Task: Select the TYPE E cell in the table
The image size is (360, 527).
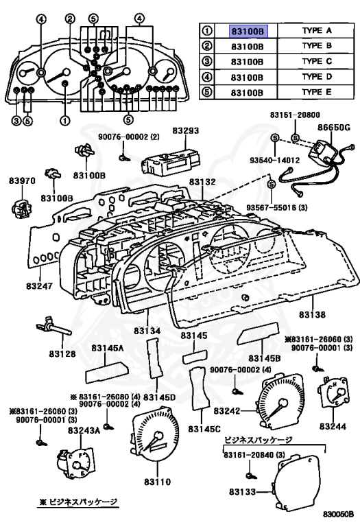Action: pyautogui.click(x=316, y=91)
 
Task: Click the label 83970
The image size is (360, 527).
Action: pyautogui.click(x=21, y=181)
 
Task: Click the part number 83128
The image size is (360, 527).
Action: pyautogui.click(x=62, y=354)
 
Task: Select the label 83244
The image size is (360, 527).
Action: pyautogui.click(x=333, y=425)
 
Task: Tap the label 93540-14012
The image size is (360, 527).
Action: pyautogui.click(x=274, y=161)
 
